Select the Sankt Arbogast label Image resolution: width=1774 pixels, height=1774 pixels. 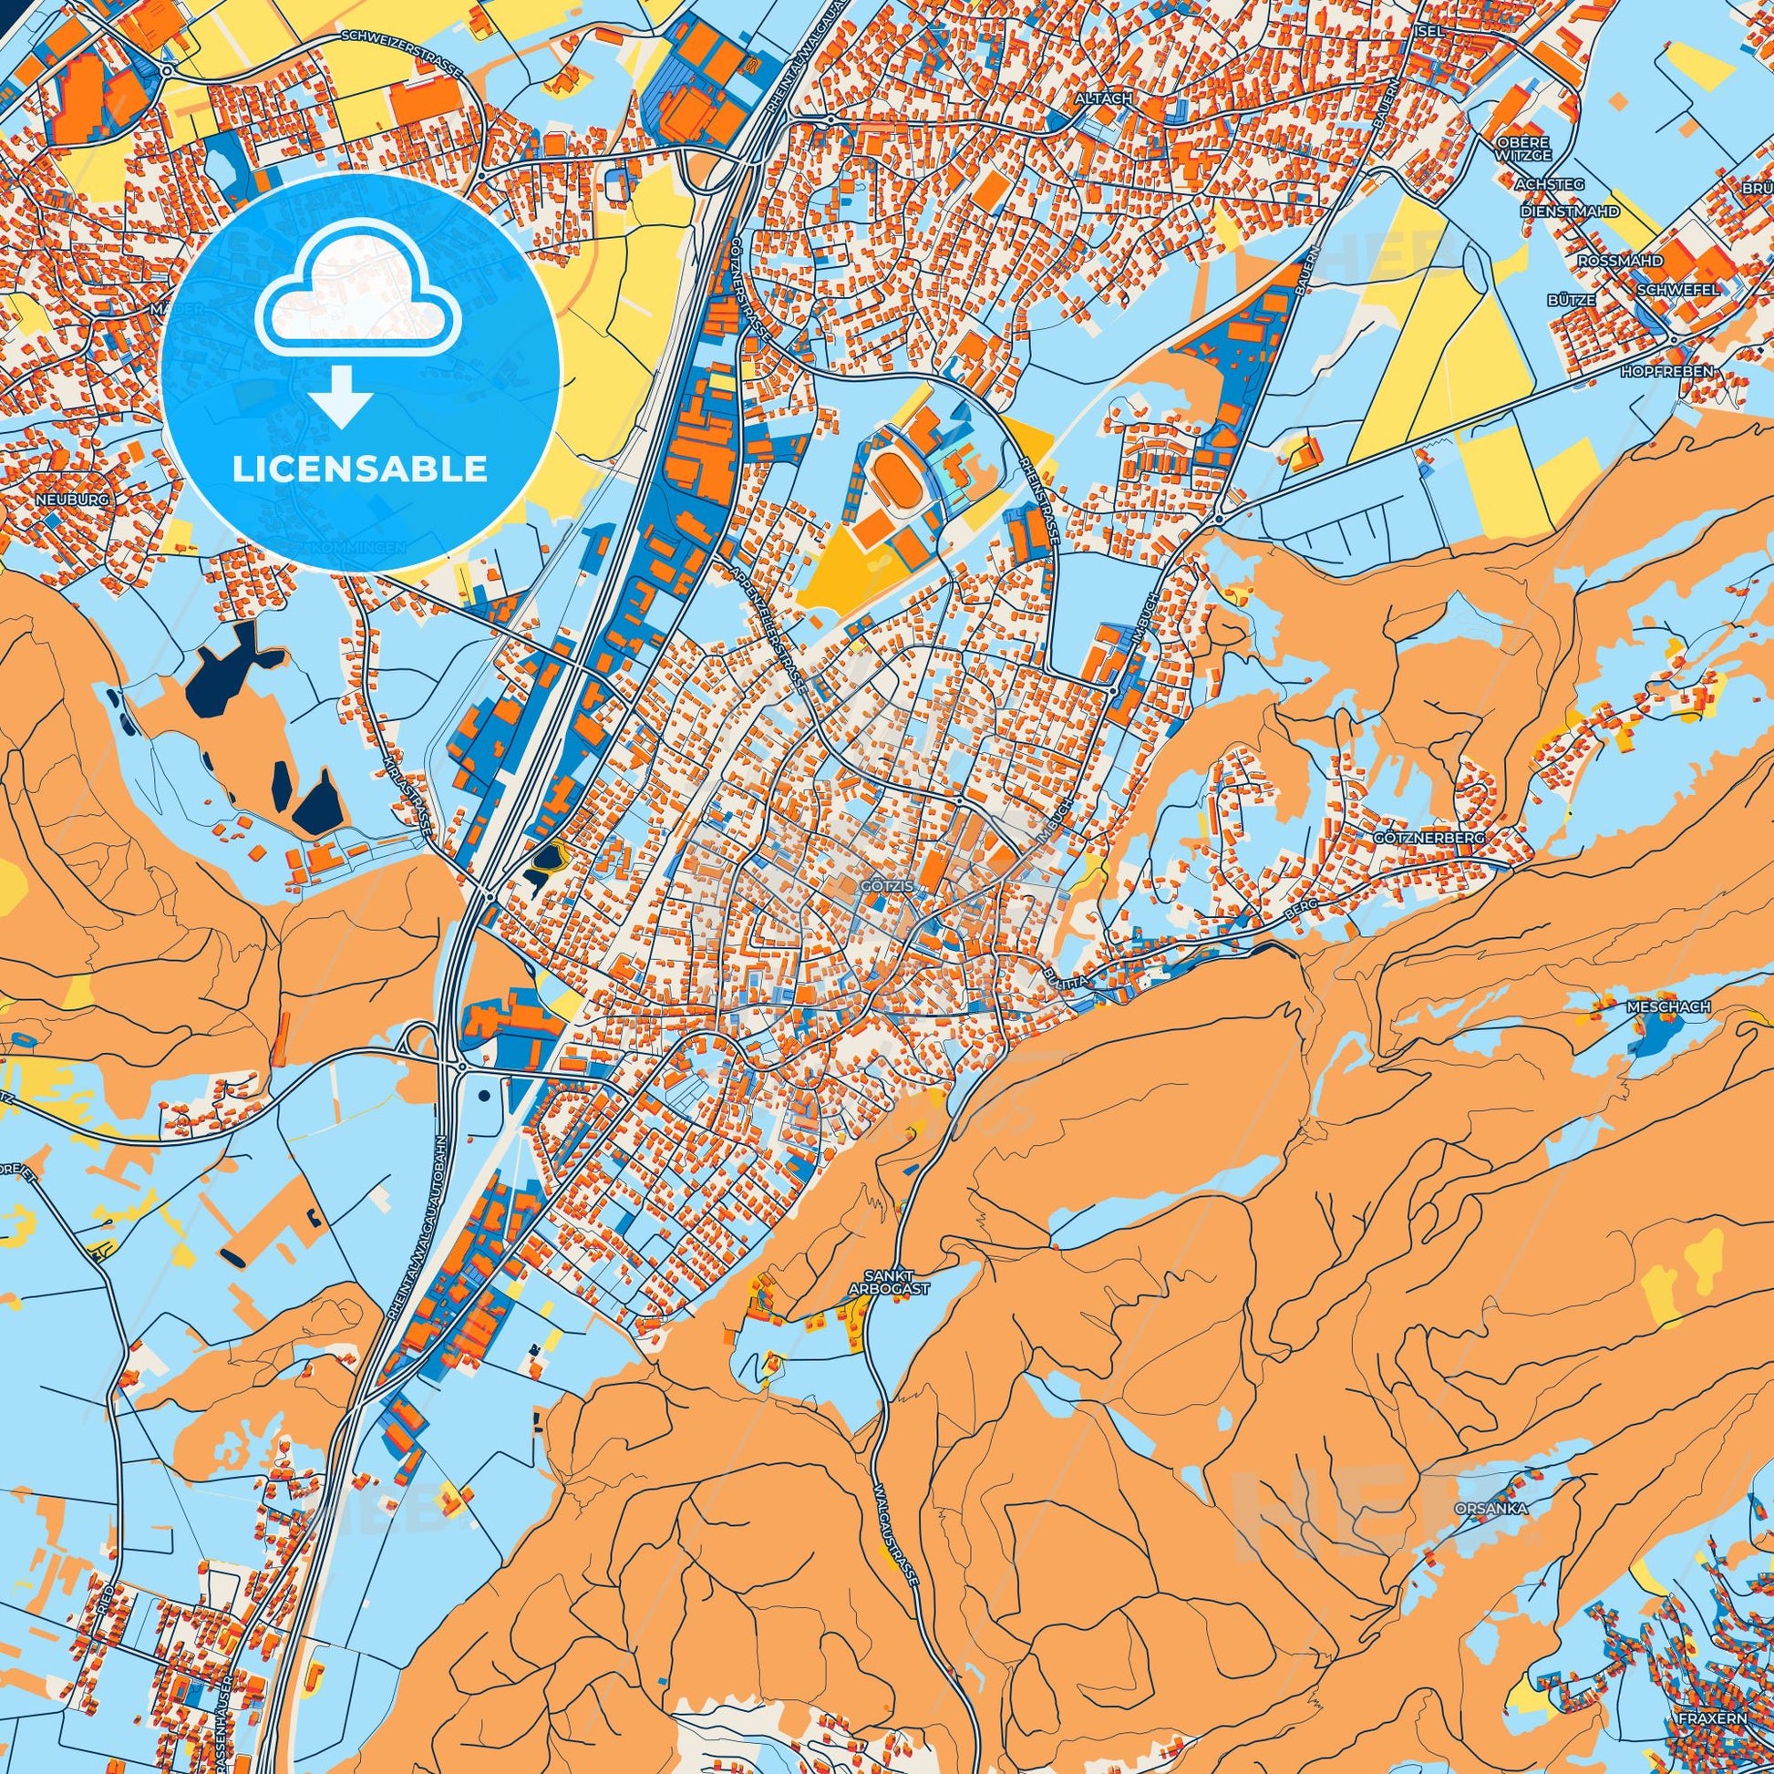pyautogui.click(x=897, y=1282)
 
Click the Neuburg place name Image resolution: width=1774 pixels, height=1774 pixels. pyautogui.click(x=73, y=500)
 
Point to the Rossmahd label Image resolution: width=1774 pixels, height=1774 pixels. pyautogui.click(x=1620, y=261)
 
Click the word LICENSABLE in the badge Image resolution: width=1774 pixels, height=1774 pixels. pyautogui.click(x=359, y=469)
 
